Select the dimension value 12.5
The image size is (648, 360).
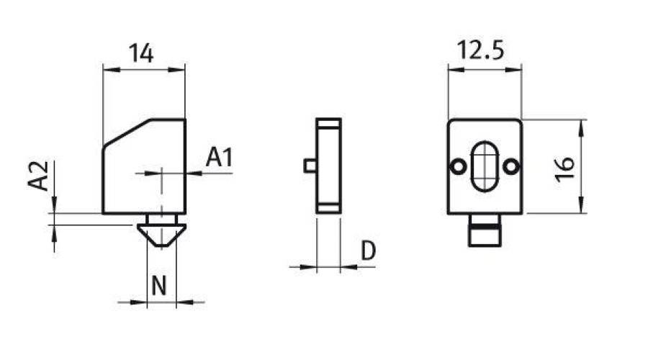[x=480, y=51]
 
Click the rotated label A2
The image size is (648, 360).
[x=40, y=176]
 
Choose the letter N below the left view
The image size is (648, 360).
[x=159, y=287]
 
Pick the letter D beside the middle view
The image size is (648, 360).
[x=368, y=251]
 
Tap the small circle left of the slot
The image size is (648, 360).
[x=456, y=166]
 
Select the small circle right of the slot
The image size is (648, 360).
[x=511, y=166]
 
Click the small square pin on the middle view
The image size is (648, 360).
[x=310, y=166]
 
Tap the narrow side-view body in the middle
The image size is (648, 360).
[x=328, y=166]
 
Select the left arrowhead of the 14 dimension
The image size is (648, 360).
[x=109, y=70]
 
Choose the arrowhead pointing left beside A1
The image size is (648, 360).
[x=190, y=174]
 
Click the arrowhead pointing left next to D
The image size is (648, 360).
[x=346, y=268]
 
